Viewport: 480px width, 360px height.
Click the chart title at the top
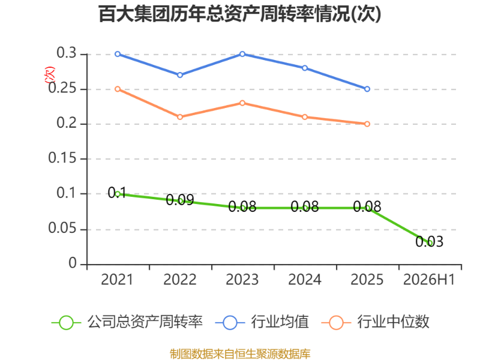click(x=239, y=14)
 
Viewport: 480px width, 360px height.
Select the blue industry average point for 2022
click(x=180, y=75)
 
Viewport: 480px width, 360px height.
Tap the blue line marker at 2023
click(x=242, y=54)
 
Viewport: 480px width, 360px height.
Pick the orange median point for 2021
click(x=118, y=89)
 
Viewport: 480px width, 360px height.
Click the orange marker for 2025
click(x=367, y=124)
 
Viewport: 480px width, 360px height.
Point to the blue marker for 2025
click(x=367, y=89)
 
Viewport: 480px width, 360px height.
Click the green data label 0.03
click(x=429, y=242)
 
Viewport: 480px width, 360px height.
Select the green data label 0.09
click(x=180, y=200)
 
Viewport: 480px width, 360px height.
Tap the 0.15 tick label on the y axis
click(x=62, y=158)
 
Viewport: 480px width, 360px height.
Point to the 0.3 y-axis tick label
click(x=67, y=53)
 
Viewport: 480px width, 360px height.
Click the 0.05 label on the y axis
click(x=62, y=228)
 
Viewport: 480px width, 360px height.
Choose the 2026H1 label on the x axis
click(x=429, y=280)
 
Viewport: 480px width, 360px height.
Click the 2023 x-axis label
click(x=242, y=280)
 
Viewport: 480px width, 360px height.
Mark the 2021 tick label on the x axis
click(x=117, y=280)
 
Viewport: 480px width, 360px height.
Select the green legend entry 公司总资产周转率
click(x=127, y=322)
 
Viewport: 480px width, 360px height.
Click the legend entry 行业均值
click(x=262, y=322)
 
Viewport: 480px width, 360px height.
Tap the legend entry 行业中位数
click(x=376, y=322)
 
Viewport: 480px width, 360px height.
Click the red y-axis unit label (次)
click(x=49, y=75)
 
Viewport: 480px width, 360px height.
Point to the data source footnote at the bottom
click(x=240, y=354)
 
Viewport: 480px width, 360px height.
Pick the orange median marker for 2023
click(x=242, y=103)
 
